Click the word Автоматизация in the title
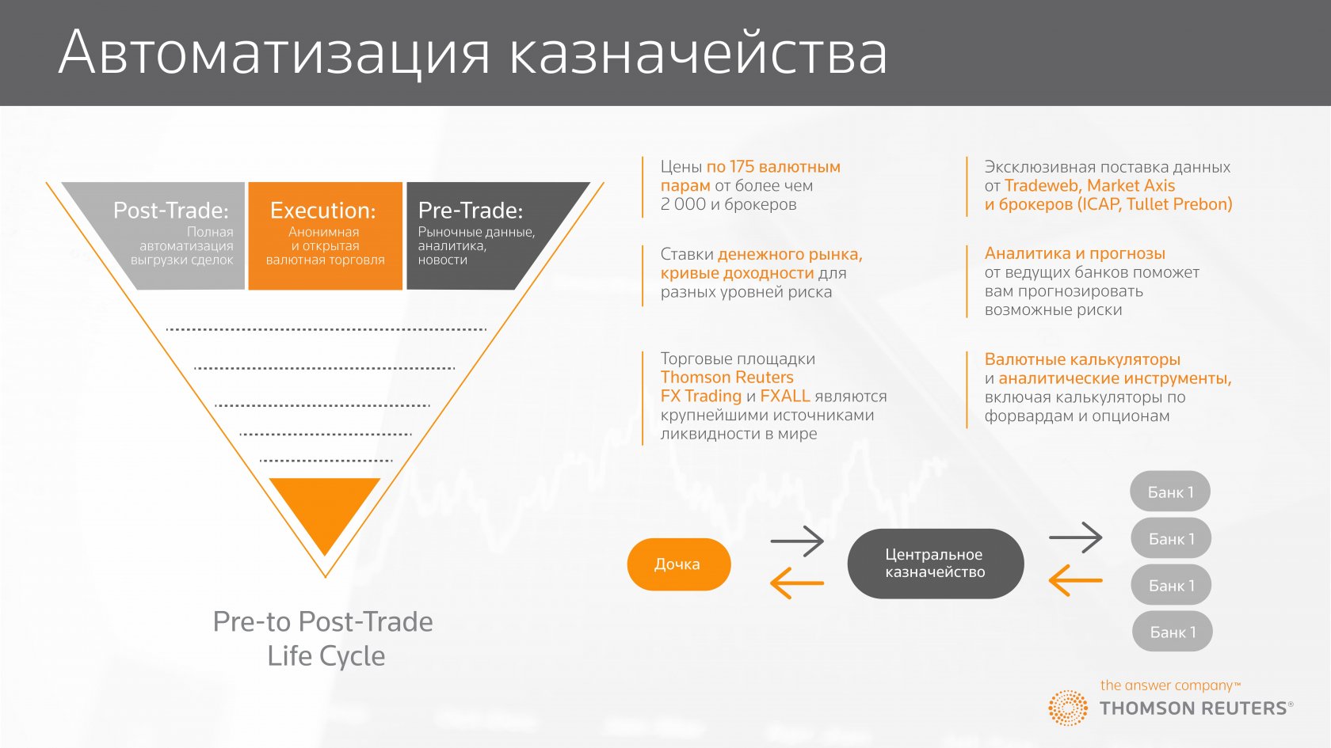click(274, 52)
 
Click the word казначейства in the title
click(699, 52)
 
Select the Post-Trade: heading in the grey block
click(171, 211)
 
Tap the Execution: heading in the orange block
click(322, 211)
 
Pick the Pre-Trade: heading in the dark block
click(471, 211)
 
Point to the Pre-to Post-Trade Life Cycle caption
click(323, 639)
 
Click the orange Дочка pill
click(678, 564)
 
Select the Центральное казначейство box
click(935, 564)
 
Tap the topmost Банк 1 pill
click(1170, 492)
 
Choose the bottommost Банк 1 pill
click(1173, 632)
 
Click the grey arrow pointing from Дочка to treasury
click(797, 541)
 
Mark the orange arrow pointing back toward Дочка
click(797, 583)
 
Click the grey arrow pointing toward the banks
click(1076, 537)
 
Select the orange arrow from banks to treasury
click(1076, 581)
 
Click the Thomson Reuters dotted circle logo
click(1068, 708)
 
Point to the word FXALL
click(785, 396)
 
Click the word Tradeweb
click(1042, 186)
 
